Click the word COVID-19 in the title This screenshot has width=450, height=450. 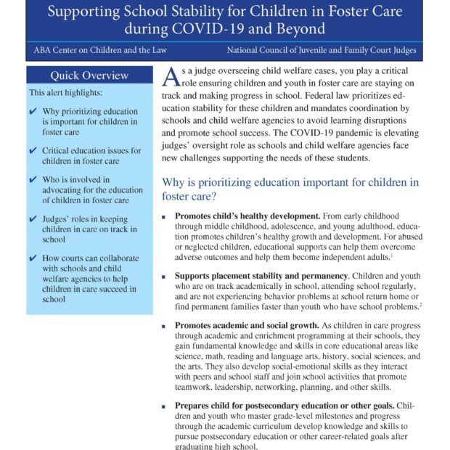click(200, 30)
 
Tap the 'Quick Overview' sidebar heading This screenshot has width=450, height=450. click(89, 75)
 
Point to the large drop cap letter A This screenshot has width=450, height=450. click(171, 77)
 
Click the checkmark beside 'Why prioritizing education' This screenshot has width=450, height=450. click(33, 112)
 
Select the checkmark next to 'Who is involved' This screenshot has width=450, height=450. click(33, 179)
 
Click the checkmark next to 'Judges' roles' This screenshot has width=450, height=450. click(33, 218)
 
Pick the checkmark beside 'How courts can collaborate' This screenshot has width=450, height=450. click(33, 258)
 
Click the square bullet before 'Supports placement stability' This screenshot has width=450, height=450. click(166, 277)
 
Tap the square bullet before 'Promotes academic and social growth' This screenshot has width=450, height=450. click(166, 327)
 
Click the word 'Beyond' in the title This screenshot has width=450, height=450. click(297, 30)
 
